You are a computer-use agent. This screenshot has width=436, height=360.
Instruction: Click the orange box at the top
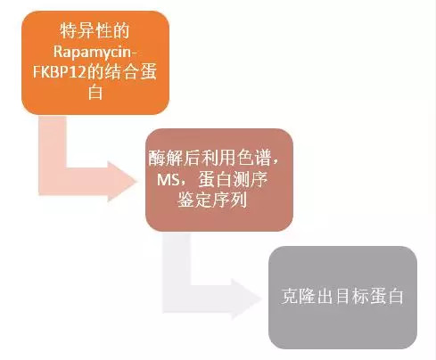coord(95,62)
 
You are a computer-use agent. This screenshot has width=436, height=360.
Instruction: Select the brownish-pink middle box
coord(219,180)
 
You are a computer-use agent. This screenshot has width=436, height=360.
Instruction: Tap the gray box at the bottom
coord(342,298)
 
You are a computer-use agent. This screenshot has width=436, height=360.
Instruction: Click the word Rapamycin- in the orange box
coord(95,52)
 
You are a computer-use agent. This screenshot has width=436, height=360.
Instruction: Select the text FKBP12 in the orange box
coord(59,72)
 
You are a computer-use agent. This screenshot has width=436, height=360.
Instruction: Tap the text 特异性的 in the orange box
coord(95,31)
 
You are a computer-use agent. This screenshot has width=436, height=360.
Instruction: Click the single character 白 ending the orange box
coord(95,93)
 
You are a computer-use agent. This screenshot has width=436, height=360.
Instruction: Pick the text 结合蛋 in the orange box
coord(130,72)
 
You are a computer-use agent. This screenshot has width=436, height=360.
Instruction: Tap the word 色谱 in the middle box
coord(254,158)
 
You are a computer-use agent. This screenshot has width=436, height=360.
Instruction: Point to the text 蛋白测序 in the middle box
coord(233,179)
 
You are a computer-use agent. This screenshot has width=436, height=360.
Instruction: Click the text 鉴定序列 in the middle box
coord(212,200)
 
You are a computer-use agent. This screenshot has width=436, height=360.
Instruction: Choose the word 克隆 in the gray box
coord(299,296)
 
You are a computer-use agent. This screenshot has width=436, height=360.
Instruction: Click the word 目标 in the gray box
coord(351,296)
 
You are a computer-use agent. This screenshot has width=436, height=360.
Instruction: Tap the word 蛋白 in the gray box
coord(386,296)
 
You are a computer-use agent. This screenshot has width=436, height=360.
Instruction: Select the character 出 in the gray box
coord(325,296)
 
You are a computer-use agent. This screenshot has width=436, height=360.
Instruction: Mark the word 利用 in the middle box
coord(218,158)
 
